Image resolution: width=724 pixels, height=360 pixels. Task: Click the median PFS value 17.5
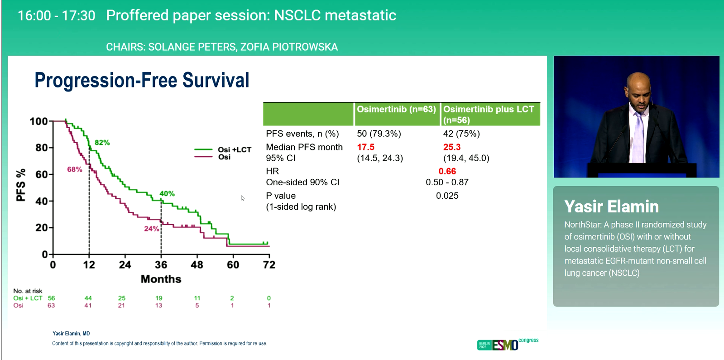click(365, 147)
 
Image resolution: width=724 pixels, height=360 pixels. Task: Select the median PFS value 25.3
click(451, 147)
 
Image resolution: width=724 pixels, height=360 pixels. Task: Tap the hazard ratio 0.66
click(447, 171)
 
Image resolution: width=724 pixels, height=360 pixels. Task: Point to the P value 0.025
click(447, 196)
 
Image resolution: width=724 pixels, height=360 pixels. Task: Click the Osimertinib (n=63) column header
click(396, 109)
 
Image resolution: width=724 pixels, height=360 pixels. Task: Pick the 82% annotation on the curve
click(102, 143)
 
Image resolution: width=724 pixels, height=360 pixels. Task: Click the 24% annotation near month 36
click(151, 229)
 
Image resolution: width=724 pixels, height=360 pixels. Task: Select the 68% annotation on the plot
click(75, 169)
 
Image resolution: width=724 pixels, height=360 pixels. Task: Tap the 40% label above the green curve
click(167, 194)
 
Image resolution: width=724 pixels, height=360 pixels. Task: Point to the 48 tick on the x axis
click(197, 265)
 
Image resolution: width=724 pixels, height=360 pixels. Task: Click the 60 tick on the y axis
click(41, 174)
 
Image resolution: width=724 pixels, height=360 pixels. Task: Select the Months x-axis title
click(161, 279)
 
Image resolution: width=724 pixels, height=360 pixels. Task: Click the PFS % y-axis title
click(21, 186)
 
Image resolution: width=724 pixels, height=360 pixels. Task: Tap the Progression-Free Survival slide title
click(142, 80)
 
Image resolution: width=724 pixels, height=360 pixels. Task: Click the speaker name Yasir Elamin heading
click(611, 206)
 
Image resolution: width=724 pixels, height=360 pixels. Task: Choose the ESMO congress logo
click(507, 344)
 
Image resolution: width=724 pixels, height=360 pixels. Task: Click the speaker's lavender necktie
click(638, 136)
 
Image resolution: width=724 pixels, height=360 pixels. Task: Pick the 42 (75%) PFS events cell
click(461, 134)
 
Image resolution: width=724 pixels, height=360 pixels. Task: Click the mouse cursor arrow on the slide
click(243, 198)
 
